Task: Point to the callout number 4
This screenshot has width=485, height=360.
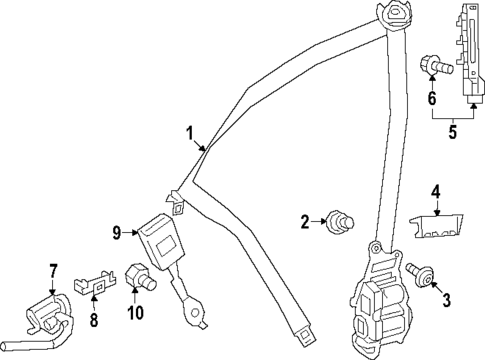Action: point(436,191)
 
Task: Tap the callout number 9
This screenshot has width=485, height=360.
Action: point(117,233)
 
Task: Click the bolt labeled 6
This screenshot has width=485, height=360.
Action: point(436,67)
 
